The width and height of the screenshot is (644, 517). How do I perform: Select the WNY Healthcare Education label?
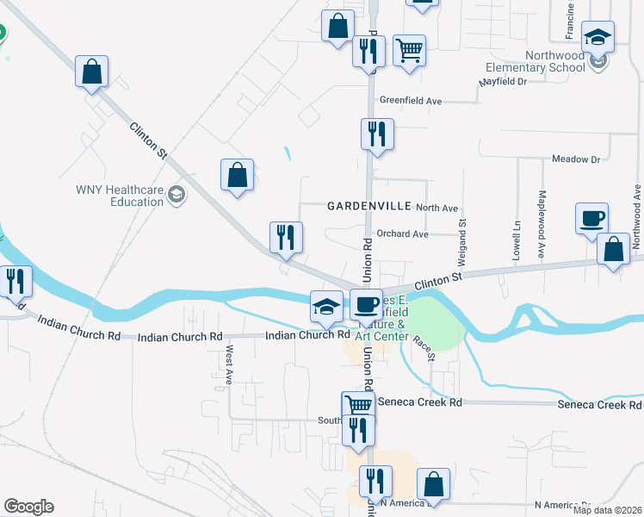119,196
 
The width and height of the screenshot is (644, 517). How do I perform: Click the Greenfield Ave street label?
410,101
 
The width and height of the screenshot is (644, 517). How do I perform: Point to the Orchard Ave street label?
402,234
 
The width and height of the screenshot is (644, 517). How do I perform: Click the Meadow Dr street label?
575,159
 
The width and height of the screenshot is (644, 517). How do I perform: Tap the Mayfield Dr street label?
503,82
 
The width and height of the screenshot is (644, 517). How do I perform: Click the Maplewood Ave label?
542,213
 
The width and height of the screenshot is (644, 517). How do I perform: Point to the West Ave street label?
229,365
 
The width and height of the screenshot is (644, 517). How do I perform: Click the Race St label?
422,348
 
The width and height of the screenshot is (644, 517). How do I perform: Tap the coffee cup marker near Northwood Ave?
593,219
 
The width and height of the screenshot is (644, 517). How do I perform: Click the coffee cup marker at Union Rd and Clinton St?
366,306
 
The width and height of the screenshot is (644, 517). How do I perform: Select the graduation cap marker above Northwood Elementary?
597,38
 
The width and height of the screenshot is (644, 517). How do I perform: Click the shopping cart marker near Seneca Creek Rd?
358,406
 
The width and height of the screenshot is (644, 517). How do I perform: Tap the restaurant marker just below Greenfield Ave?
376,135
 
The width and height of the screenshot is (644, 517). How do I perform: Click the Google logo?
28,507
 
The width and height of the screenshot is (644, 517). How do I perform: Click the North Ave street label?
437,208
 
